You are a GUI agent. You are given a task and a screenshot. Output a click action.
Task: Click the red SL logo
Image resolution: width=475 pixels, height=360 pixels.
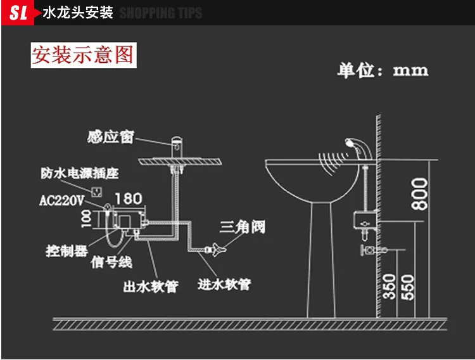tap(18, 13)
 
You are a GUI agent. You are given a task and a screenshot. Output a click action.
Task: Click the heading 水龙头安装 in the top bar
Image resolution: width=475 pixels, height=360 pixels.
tap(78, 13)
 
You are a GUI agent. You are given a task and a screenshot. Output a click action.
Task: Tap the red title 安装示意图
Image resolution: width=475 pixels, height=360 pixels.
tap(84, 55)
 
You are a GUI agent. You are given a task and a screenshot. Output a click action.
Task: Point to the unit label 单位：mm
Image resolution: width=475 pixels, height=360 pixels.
tap(383, 70)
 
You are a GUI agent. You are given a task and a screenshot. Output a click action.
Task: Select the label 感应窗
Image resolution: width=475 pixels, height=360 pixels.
tap(111, 137)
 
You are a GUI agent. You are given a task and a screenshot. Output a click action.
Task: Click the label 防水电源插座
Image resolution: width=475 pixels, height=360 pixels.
tap(80, 173)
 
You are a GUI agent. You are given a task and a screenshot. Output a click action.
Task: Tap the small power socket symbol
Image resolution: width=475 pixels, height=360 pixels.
tap(97, 191)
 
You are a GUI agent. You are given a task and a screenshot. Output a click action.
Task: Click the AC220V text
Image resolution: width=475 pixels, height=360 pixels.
tap(62, 200)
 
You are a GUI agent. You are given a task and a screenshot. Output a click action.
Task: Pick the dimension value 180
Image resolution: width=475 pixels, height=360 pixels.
tap(129, 198)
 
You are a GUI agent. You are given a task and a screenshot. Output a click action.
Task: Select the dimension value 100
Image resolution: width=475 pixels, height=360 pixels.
tap(87, 219)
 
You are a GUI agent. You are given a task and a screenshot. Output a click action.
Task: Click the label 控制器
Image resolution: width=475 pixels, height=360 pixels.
tap(67, 251)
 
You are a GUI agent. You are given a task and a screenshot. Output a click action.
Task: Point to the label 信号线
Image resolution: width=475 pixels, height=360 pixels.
tap(111, 262)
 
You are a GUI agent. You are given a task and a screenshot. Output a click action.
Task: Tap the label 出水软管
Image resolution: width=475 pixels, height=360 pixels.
tap(151, 286)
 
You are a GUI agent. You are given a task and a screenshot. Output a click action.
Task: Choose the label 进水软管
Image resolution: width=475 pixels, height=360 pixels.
tap(224, 284)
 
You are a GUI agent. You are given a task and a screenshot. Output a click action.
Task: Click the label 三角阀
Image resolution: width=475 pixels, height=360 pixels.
tap(243, 227)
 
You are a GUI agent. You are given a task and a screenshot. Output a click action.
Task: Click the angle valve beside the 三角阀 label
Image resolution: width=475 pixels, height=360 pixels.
tap(216, 250)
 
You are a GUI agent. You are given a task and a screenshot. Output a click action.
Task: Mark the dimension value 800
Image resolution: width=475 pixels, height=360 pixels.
tap(420, 194)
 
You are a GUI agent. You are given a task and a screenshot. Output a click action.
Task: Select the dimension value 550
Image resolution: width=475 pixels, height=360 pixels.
tap(408, 287)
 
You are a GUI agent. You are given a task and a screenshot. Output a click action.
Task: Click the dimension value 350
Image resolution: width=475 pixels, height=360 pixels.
tap(389, 286)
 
